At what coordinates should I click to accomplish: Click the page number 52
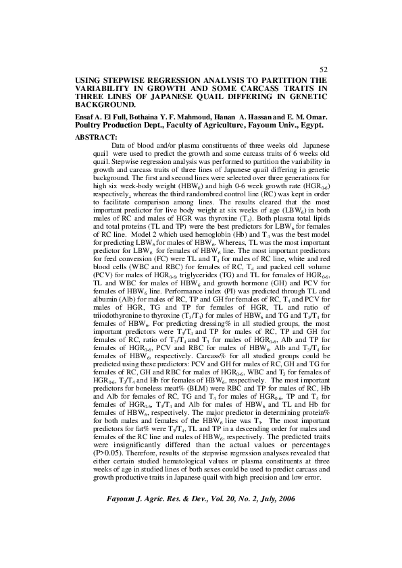[x=323, y=69]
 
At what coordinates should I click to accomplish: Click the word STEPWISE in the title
[x=128, y=80]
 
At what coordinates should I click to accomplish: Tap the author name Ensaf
[x=87, y=117]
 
